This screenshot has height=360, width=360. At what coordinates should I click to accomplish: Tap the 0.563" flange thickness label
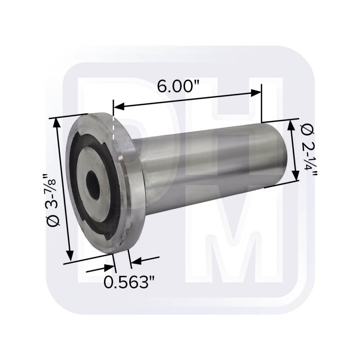pos(126,282)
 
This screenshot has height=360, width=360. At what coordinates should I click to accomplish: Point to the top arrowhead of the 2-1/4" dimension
pos(291,125)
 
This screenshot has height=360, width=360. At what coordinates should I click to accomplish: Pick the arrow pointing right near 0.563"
pos(108,267)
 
